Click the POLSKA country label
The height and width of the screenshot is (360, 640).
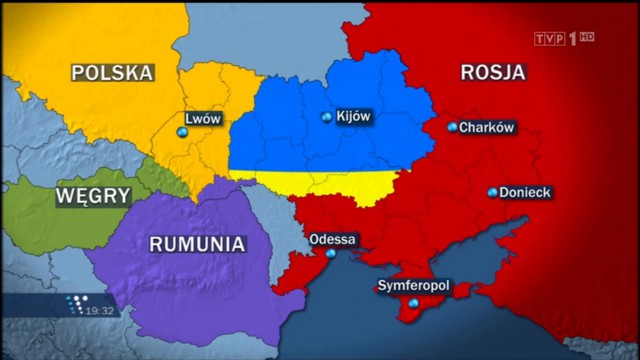pyautogui.click(x=113, y=72)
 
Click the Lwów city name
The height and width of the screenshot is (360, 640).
pyautogui.click(x=203, y=118)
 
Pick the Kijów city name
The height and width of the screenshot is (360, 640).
pyautogui.click(x=354, y=117)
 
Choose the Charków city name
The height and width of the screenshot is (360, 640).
pyautogui.click(x=487, y=127)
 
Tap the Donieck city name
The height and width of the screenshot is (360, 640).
pyautogui.click(x=525, y=191)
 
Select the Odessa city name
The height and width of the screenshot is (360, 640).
pyautogui.click(x=333, y=240)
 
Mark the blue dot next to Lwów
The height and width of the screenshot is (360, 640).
pyautogui.click(x=182, y=132)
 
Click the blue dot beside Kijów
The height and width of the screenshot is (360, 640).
pyautogui.click(x=327, y=118)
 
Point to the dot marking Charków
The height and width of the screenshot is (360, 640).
pyautogui.click(x=452, y=127)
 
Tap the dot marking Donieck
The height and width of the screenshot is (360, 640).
pyautogui.click(x=492, y=192)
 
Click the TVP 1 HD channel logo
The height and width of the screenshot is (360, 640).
pyautogui.click(x=565, y=37)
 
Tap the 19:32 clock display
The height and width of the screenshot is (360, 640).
pyautogui.click(x=99, y=311)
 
